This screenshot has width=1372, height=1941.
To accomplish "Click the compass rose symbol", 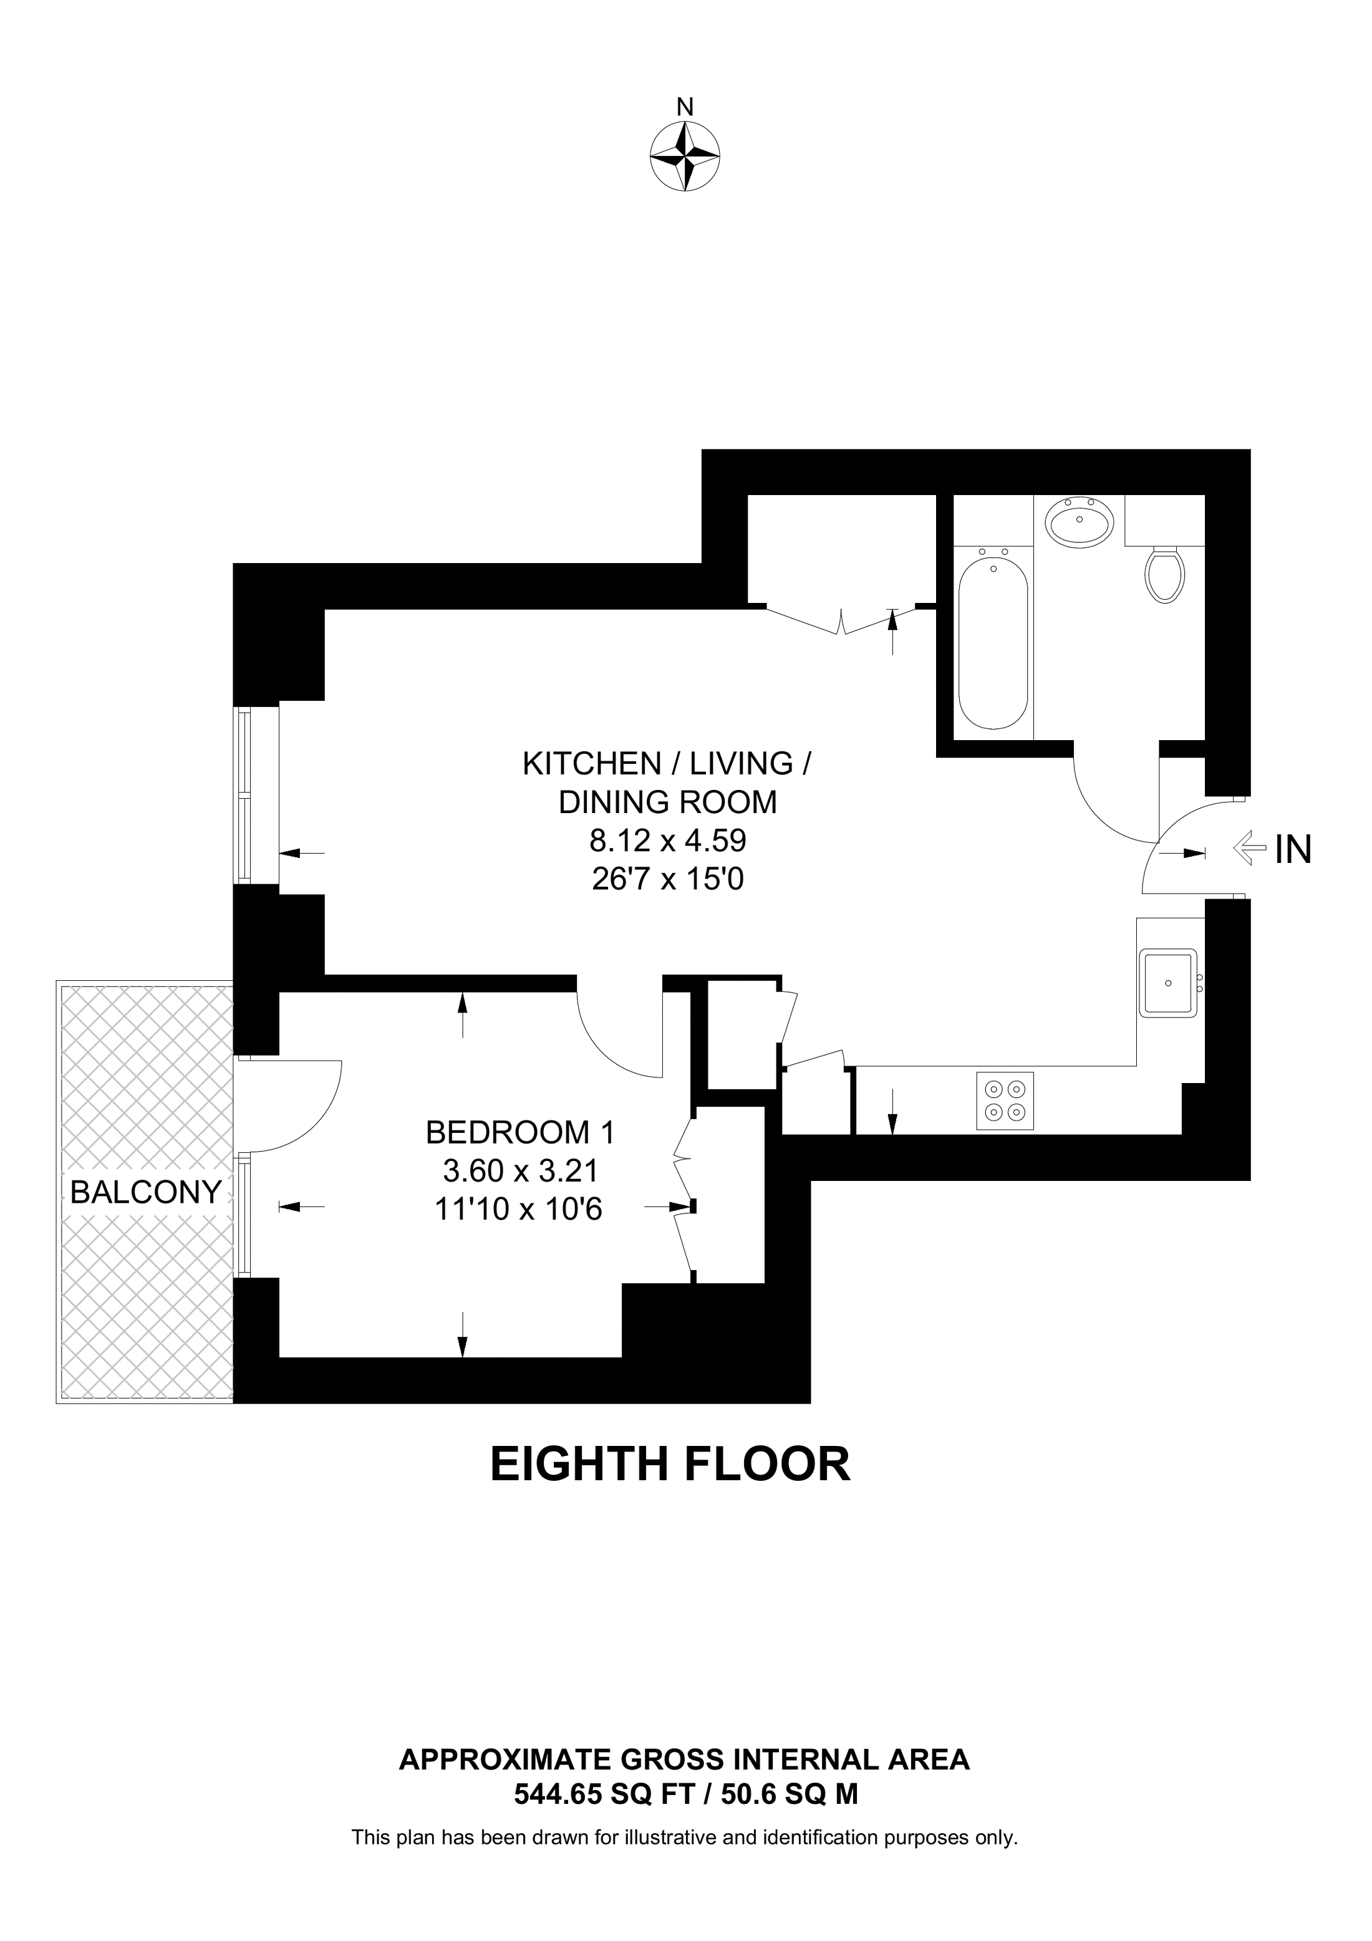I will click(685, 157).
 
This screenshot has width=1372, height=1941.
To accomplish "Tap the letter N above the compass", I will click(685, 107).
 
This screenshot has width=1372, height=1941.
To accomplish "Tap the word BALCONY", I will click(145, 1192).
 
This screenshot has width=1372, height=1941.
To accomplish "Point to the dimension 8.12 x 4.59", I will click(667, 841).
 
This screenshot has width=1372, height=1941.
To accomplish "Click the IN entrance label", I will click(1293, 850).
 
